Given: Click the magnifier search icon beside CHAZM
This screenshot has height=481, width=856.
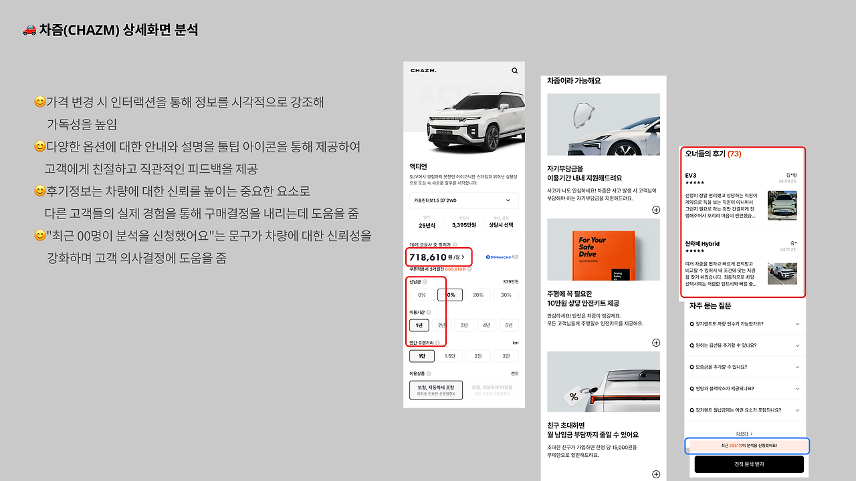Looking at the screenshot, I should point(514,70).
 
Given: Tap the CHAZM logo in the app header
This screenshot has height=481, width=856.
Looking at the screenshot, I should point(423,71).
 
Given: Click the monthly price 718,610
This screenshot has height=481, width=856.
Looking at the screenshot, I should point(428,257).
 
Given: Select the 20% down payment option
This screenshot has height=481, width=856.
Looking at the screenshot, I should point(477,295).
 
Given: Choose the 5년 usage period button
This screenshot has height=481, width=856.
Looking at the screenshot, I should point(509,325).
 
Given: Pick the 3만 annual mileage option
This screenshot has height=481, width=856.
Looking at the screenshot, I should point(506,356).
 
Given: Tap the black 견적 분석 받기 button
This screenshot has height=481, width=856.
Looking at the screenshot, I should point(748,464).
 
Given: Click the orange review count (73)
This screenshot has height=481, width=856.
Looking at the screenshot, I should point(734,154).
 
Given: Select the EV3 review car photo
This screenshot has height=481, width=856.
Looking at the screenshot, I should point(782,206).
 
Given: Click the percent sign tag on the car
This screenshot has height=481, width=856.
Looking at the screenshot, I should point(573,396).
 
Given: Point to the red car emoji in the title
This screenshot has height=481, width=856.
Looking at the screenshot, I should point(29,30).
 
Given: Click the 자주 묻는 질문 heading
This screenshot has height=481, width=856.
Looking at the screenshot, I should point(710,305).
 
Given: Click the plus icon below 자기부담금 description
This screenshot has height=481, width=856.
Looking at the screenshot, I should point(656,210).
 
